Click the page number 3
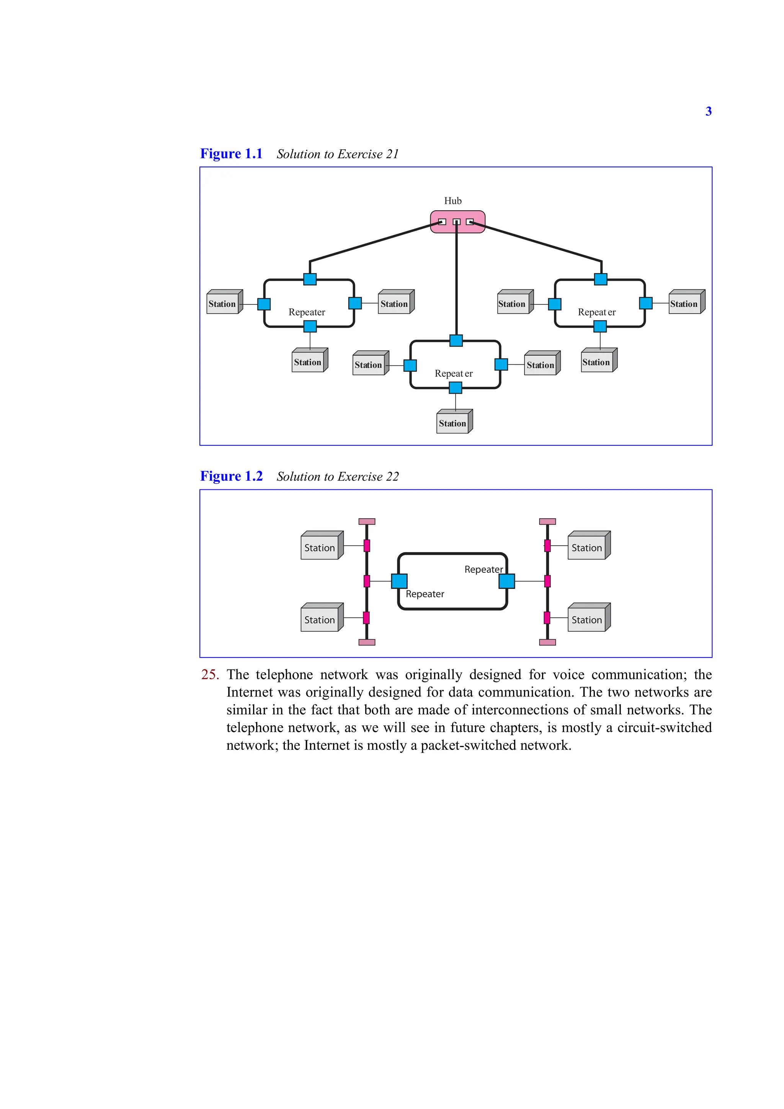tap(708, 111)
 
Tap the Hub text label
tap(453, 201)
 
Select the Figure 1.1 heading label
tap(231, 154)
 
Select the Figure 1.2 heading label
tap(231, 476)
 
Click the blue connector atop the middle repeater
tap(456, 340)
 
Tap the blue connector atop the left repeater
tap(310, 279)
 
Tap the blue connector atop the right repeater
tap(601, 279)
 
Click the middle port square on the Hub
tap(456, 222)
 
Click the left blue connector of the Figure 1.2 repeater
tap(399, 581)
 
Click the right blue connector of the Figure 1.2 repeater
tap(506, 581)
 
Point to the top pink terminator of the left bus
tap(367, 522)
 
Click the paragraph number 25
tap(210, 675)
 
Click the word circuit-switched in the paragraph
tap(664, 728)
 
